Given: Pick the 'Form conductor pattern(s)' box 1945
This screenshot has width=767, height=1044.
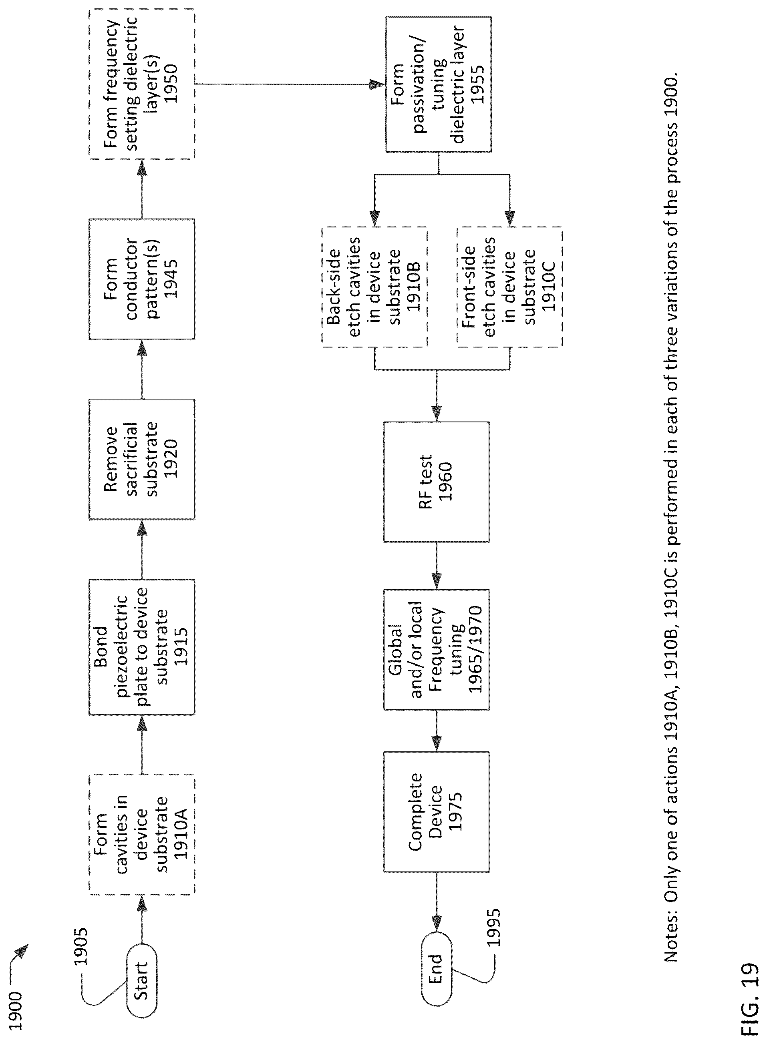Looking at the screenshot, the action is coord(142,279).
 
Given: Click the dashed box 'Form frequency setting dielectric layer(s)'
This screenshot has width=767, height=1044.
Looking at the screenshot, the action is coord(142,84).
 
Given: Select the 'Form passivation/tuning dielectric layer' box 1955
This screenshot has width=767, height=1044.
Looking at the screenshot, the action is coord(438,84).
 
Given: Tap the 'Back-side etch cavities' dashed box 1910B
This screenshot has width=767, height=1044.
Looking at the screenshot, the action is coord(374,287).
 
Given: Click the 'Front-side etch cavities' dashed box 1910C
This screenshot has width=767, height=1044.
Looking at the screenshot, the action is coord(510,287).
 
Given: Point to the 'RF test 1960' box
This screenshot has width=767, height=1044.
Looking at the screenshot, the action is coord(437,482).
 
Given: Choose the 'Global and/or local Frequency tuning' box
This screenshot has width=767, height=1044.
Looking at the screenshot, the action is coord(437,650).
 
